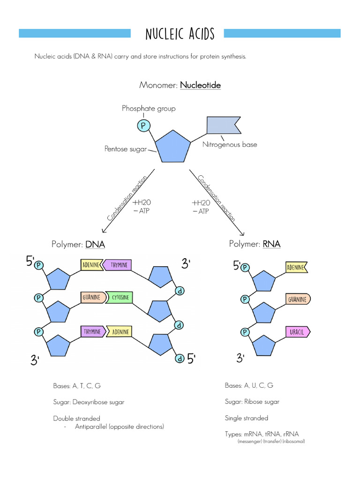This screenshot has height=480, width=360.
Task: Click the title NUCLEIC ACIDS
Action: [180, 34]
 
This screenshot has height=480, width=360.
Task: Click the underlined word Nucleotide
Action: [200, 85]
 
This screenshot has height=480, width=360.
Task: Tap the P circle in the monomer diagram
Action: [142, 125]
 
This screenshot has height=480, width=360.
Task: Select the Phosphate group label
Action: [149, 108]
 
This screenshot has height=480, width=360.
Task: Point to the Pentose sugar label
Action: [125, 149]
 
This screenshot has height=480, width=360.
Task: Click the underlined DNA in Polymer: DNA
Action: [95, 245]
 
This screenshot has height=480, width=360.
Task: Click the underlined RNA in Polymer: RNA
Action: [271, 244]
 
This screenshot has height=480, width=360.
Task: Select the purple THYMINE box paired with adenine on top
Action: [118, 265]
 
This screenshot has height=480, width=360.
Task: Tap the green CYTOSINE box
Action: [120, 298]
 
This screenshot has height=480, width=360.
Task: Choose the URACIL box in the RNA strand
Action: [297, 332]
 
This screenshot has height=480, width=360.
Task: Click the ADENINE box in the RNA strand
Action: [296, 268]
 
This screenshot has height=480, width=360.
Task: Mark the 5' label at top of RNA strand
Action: [237, 266]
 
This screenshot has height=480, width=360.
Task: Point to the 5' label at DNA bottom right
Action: [191, 359]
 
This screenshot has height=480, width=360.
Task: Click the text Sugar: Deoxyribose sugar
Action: [89, 402]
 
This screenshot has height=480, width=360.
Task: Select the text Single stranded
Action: [247, 418]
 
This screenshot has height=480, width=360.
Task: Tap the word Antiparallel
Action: [91, 427]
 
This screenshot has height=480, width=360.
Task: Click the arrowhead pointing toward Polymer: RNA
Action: [242, 233]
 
